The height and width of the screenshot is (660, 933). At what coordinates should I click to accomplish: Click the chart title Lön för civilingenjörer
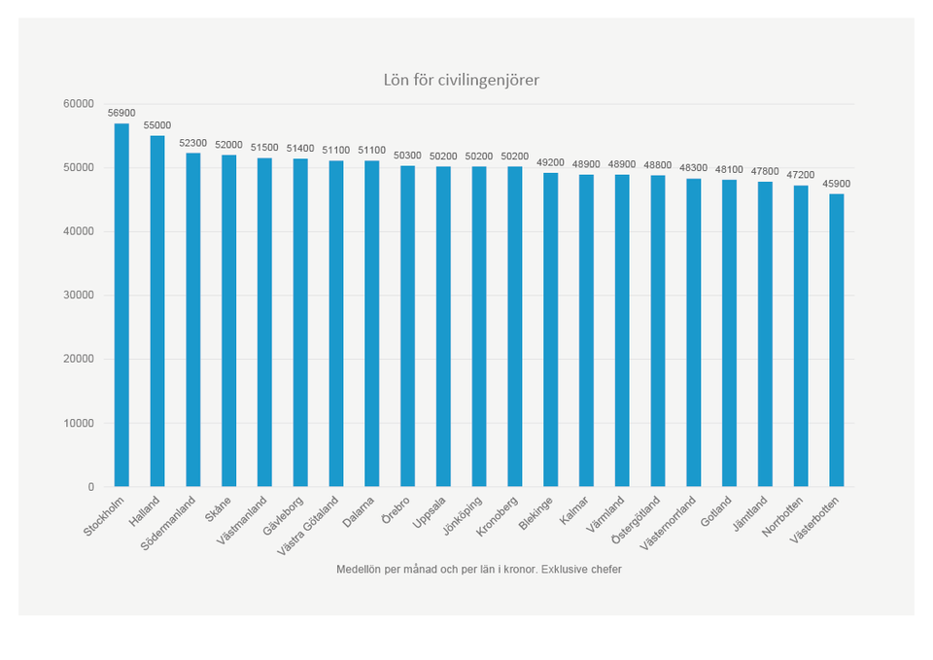pyautogui.click(x=461, y=80)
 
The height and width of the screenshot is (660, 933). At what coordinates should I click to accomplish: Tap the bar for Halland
pyautogui.click(x=157, y=311)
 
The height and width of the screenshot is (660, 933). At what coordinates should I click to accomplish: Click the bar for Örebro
pyautogui.click(x=407, y=326)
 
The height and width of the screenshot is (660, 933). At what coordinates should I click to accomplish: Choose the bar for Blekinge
pyautogui.click(x=551, y=330)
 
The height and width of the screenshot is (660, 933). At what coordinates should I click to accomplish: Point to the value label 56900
pyautogui.click(x=121, y=113)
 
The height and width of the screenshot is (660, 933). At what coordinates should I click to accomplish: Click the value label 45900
pyautogui.click(x=837, y=183)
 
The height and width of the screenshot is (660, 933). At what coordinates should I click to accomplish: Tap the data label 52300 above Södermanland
pyautogui.click(x=192, y=143)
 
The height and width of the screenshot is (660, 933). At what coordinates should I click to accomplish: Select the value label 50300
pyautogui.click(x=407, y=156)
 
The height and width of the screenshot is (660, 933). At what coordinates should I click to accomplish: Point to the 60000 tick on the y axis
pyautogui.click(x=79, y=104)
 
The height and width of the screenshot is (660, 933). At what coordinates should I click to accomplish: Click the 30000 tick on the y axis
pyautogui.click(x=79, y=295)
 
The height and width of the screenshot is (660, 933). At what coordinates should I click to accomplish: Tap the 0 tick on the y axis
pyautogui.click(x=90, y=487)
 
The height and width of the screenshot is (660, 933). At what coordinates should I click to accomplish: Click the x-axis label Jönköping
pyautogui.click(x=462, y=515)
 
